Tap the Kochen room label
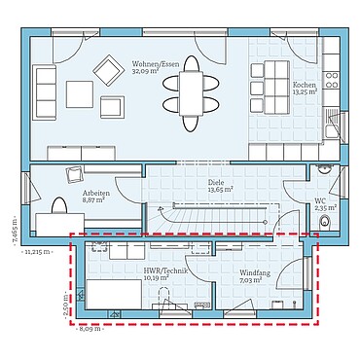tap(305, 86)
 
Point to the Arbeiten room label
tap(95, 194)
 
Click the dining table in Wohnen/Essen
tap(192, 93)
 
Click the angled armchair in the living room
tap(104, 68)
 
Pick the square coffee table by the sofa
tap(80, 93)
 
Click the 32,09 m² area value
tap(146, 72)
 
